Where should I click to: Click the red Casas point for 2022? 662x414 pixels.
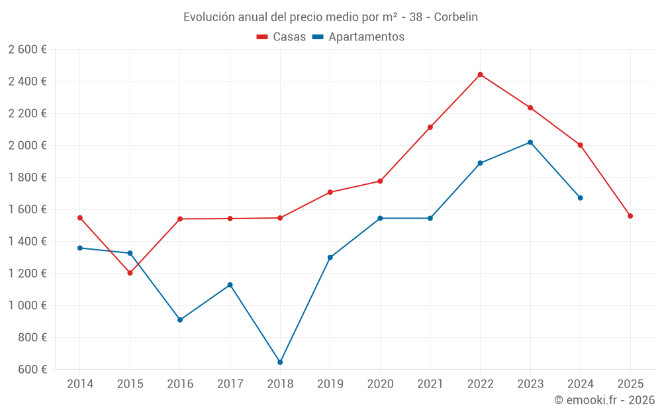tap(480, 74)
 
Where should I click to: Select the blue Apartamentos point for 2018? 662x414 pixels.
tap(280, 362)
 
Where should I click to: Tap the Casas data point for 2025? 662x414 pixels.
tap(630, 216)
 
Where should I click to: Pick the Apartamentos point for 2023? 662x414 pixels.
tap(530, 142)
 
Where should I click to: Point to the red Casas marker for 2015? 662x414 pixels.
tap(130, 273)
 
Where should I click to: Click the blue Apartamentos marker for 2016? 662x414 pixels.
tap(180, 320)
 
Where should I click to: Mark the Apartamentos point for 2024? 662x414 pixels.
tap(581, 198)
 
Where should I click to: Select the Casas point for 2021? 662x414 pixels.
tap(430, 127)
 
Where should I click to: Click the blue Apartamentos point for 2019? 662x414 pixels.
tap(330, 258)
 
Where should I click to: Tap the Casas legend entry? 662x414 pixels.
tap(281, 37)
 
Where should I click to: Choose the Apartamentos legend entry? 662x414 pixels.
tap(358, 37)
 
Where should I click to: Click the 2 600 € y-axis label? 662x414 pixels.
tap(27, 50)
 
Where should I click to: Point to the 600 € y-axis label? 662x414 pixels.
tap(32, 370)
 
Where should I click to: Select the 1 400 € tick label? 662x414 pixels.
tap(27, 242)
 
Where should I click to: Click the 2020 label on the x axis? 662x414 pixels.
tap(380, 384)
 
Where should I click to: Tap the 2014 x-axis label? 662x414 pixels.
tap(80, 384)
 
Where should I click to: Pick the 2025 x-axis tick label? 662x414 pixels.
tap(630, 384)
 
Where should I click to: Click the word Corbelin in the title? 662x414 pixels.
tap(456, 17)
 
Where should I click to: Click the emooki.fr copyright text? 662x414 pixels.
tap(604, 400)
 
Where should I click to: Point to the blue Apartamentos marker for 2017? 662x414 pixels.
tap(230, 285)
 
